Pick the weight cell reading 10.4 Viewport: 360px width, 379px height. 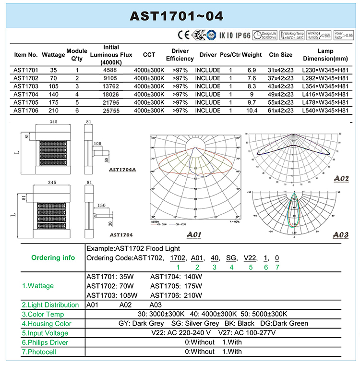tap(252, 111)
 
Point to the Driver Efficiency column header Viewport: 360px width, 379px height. tap(180, 55)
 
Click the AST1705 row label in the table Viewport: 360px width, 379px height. tap(26, 103)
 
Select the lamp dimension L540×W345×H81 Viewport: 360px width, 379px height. tap(325, 111)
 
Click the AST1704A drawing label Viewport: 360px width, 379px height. tap(122, 169)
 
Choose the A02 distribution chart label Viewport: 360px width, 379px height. tap(341, 179)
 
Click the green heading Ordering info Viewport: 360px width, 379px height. tap(53, 257)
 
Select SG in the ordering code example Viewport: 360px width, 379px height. tap(231, 258)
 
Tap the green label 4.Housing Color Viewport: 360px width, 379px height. tap(47, 324)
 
